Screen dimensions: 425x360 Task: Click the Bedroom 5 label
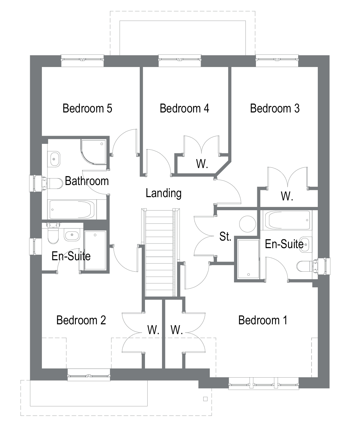[87, 108]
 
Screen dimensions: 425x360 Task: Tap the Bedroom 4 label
[184, 108]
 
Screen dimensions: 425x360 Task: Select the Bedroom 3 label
[275, 108]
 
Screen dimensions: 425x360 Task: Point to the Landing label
[163, 193]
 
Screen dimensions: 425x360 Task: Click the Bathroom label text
[87, 181]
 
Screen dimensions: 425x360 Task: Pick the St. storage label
[225, 236]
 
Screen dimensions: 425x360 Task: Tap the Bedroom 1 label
[262, 320]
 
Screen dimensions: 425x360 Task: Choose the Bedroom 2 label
[81, 320]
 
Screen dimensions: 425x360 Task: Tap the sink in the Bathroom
[54, 159]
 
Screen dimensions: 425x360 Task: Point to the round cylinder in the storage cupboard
[247, 224]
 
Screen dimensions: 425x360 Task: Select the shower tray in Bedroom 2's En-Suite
[95, 250]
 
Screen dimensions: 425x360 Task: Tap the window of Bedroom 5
[82, 60]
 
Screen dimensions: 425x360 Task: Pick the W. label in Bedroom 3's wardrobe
[287, 196]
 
